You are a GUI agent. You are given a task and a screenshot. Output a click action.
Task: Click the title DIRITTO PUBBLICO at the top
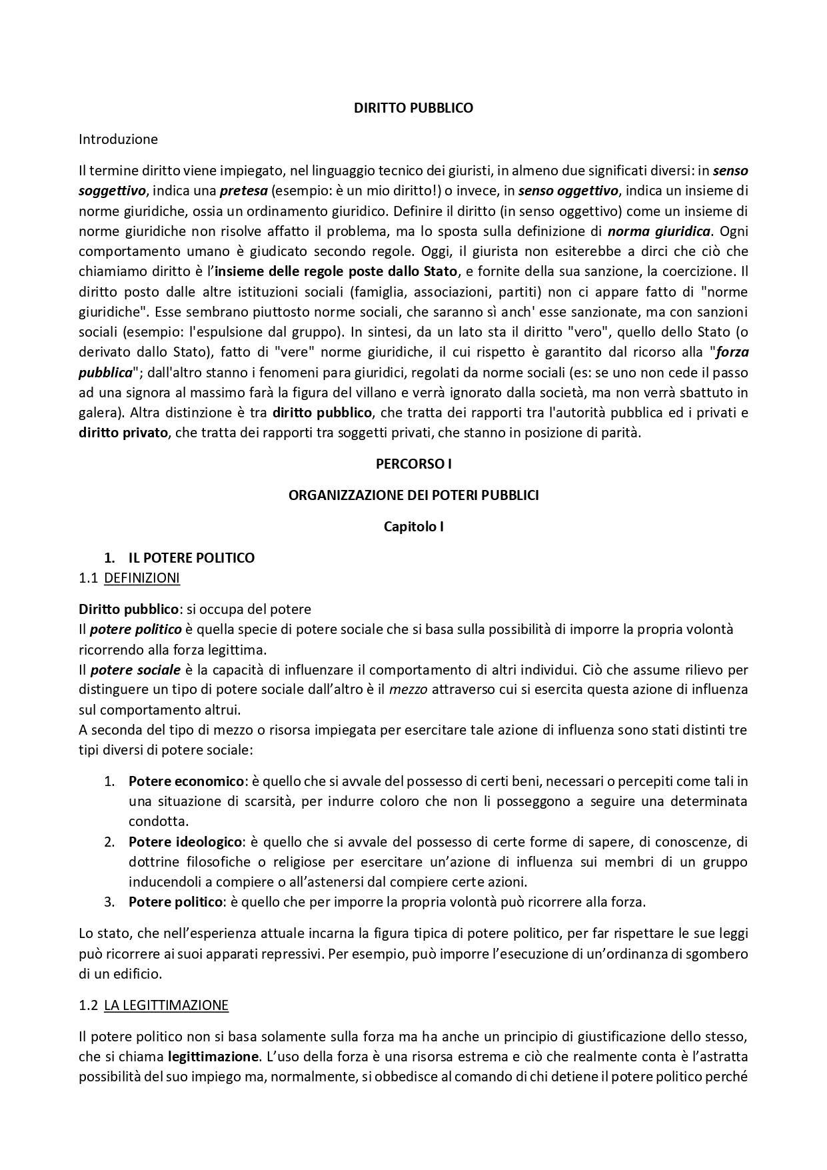click(x=413, y=108)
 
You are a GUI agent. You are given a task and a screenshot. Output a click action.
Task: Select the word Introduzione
click(x=118, y=139)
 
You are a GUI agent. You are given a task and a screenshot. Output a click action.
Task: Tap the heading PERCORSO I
click(x=413, y=463)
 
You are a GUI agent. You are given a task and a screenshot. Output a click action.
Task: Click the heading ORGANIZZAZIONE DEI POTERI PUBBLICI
click(x=413, y=495)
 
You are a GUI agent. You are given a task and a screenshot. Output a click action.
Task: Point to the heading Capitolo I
click(x=413, y=526)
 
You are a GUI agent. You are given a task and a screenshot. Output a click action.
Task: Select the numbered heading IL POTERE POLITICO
click(x=191, y=557)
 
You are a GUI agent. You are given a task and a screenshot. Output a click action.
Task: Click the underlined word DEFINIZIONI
click(x=142, y=578)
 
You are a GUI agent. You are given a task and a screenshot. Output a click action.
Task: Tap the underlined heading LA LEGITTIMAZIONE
click(x=166, y=1005)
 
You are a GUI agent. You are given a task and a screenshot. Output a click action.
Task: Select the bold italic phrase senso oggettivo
click(x=569, y=191)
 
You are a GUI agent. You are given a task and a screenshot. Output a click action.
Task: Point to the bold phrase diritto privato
click(x=123, y=433)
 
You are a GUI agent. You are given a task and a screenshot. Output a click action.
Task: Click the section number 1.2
click(x=88, y=1005)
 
